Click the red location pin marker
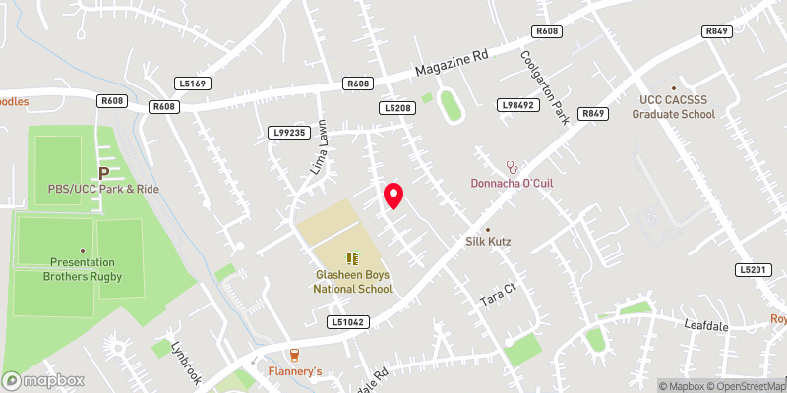[x=393, y=196]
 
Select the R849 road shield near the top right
[x=716, y=31]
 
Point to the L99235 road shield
[x=288, y=132]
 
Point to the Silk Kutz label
[x=488, y=241]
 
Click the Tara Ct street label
[x=497, y=297]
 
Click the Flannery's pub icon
[x=293, y=355]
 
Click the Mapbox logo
[x=43, y=380]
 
